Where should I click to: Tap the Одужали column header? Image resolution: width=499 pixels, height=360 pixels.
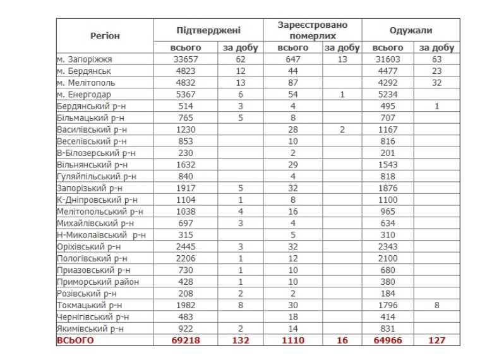411,30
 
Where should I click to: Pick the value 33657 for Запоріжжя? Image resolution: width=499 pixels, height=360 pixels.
186,59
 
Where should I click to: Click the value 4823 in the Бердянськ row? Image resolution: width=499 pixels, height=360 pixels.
186,71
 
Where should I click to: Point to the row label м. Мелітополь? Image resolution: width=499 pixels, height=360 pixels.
85,83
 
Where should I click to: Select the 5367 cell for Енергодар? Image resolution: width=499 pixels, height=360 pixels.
186,94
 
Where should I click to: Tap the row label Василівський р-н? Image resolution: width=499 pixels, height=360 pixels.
93,129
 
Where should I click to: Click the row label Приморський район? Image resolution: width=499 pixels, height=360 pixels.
97,282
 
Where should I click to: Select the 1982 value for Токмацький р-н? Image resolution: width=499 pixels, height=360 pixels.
186,305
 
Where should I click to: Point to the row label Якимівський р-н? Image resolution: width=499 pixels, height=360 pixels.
90,328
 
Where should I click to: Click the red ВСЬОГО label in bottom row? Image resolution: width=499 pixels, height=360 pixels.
75,340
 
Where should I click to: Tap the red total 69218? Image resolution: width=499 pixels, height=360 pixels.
186,340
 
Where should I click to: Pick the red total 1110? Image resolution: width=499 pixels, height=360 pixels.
294,340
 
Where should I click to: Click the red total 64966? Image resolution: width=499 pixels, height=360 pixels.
388,340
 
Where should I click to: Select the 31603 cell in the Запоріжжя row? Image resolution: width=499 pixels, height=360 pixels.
388,59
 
